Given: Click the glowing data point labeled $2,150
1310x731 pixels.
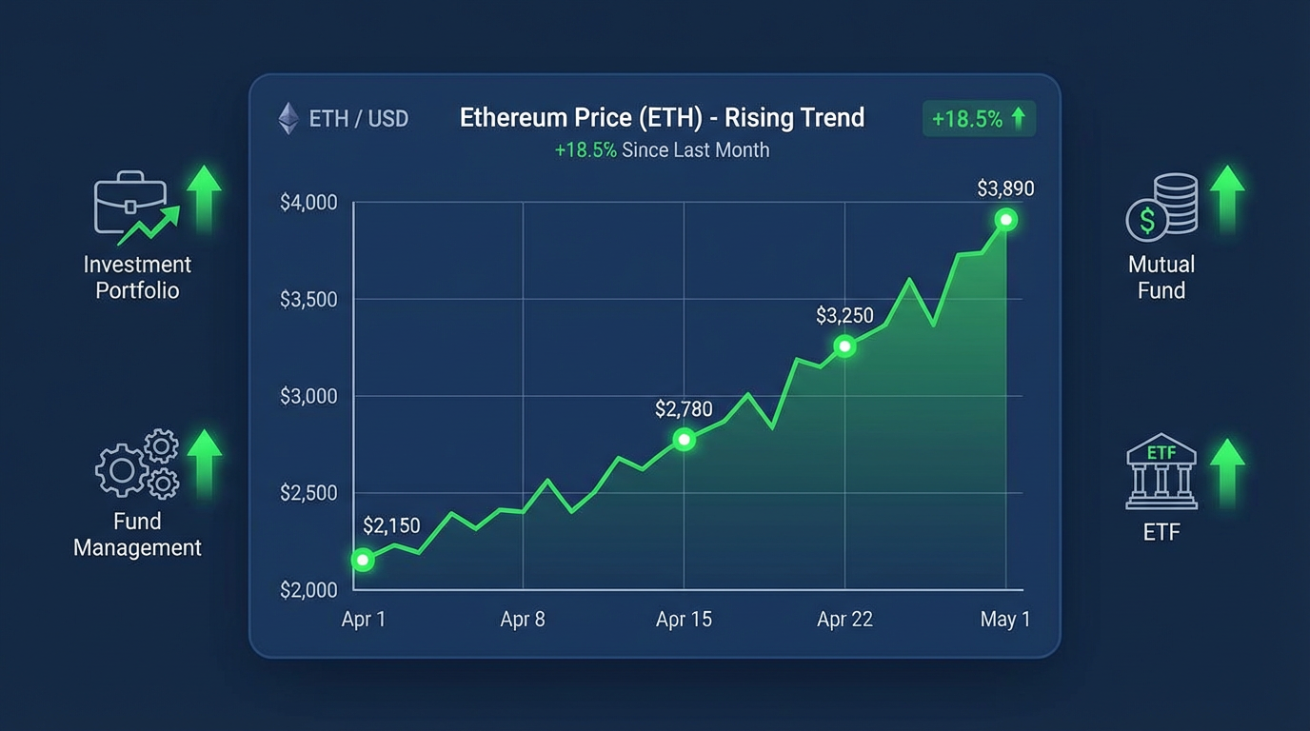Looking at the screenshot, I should click(x=362, y=560).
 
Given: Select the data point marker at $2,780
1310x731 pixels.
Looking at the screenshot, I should click(x=684, y=440).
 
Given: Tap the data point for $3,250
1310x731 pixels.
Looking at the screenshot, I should click(x=844, y=346).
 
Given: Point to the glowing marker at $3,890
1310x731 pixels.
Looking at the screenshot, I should click(x=1005, y=221).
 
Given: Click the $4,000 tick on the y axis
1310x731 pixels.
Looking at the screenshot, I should click(x=308, y=203).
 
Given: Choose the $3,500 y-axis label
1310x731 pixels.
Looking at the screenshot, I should click(x=308, y=300).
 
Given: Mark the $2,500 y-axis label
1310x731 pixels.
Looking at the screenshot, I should click(x=308, y=493).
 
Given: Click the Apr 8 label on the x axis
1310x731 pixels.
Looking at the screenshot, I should click(x=523, y=620).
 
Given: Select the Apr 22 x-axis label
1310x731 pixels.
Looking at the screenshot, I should click(x=844, y=620).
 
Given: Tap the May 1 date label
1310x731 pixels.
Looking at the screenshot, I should click(x=1005, y=620).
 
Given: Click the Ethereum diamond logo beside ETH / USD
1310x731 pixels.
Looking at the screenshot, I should click(x=288, y=119).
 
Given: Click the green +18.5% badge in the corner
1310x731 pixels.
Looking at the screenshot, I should click(x=979, y=119).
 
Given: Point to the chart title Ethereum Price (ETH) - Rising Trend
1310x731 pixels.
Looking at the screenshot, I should click(x=662, y=118).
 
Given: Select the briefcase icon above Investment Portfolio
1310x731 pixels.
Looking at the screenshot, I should click(x=130, y=204).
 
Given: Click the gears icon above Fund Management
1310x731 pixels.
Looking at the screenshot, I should click(x=137, y=464).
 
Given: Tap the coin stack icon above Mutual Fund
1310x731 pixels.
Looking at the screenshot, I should click(x=1161, y=206).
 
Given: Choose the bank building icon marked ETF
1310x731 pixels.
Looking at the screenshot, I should click(x=1161, y=472).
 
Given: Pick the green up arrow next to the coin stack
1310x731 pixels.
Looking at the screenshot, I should click(x=1227, y=198).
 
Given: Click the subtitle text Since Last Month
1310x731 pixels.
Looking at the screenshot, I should click(x=695, y=149).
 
